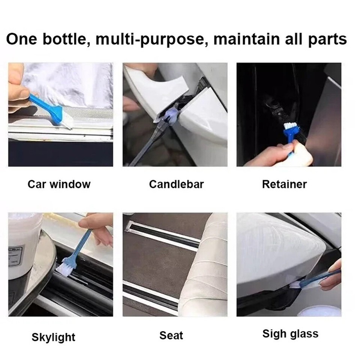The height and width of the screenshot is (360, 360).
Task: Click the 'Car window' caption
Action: [59, 184]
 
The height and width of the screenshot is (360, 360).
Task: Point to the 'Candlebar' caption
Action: [176, 184]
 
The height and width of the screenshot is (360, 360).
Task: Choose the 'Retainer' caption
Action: [284, 184]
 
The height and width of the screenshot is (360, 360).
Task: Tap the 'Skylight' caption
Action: [53, 337]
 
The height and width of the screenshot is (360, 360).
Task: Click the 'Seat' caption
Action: [171, 335]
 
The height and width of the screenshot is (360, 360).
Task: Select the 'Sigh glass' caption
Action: [290, 333]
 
